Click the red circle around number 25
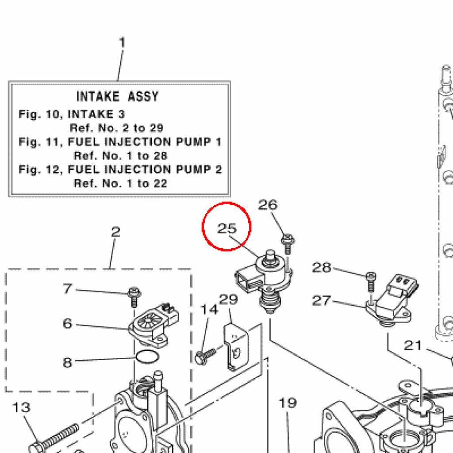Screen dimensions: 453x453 (226, 226)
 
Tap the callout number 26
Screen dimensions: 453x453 (268, 205)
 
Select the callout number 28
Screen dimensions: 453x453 (321, 267)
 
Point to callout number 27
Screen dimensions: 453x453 (321, 301)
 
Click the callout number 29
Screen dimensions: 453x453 (229, 299)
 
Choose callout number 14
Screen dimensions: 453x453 (210, 309)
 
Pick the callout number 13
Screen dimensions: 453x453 (20, 407)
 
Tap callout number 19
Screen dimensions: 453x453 (287, 403)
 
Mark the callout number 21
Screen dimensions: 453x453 (413, 345)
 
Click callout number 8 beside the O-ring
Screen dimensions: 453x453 (67, 363)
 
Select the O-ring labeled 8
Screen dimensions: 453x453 (146, 357)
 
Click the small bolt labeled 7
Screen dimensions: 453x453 (133, 295)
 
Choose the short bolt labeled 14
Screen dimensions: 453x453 (205, 355)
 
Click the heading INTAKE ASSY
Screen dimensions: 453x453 (117, 96)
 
